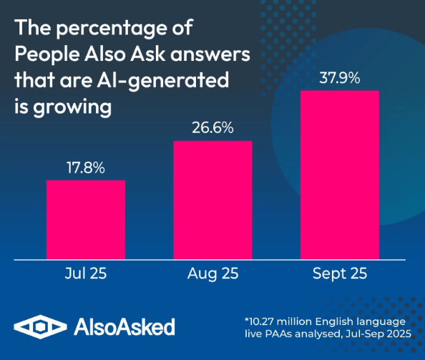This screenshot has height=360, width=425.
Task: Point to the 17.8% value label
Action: click(86, 169)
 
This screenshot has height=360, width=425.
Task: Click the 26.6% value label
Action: click(212, 129)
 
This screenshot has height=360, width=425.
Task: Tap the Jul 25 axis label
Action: click(86, 273)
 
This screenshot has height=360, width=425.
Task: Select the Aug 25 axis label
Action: click(212, 273)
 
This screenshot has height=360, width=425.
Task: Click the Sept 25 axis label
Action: click(339, 273)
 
